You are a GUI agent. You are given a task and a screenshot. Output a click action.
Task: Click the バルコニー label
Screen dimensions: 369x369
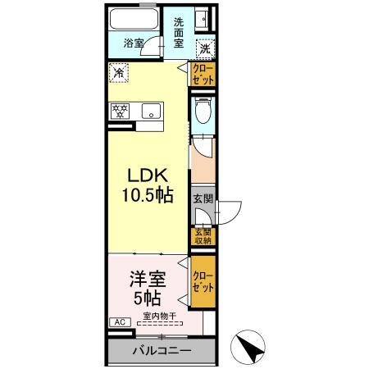point(162,350)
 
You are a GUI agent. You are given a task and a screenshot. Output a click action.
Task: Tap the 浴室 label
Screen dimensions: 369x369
point(134,43)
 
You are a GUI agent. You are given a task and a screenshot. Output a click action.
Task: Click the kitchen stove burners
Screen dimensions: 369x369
point(118,111)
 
